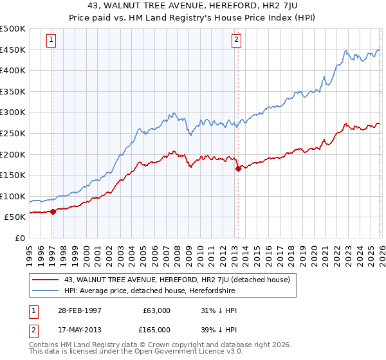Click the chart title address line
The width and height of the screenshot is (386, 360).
point(193,6)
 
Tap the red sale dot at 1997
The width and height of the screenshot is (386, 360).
point(53,212)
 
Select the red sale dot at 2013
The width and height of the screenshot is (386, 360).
point(238,169)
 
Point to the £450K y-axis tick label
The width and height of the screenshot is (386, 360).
point(13,50)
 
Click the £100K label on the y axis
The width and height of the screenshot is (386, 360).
point(13,196)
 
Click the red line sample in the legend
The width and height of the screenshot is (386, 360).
point(46,280)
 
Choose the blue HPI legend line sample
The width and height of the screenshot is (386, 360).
point(46,291)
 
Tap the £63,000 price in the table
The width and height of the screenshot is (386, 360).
point(157,310)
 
